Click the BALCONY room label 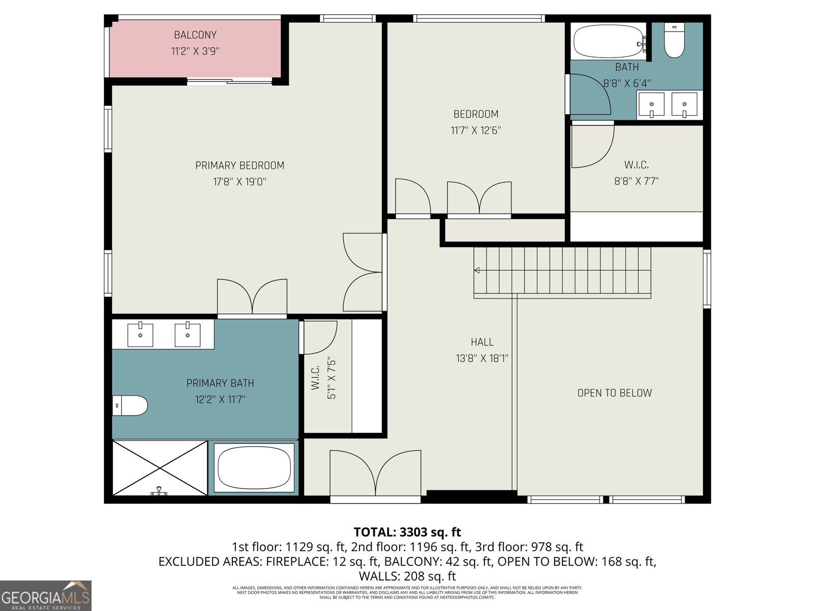[195, 35]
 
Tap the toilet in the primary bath [129, 406]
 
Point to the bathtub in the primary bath [254, 468]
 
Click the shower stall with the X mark [160, 468]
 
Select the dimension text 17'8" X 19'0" [239, 182]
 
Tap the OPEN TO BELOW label [614, 393]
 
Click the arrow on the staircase [477, 270]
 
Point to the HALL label [482, 342]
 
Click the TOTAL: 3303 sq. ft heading [407, 532]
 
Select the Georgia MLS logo [45, 596]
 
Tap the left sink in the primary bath [140, 335]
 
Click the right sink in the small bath [684, 104]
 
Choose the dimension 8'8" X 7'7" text [636, 181]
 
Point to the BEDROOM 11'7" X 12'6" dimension [476, 130]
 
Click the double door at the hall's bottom [375, 474]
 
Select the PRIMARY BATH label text [220, 383]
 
